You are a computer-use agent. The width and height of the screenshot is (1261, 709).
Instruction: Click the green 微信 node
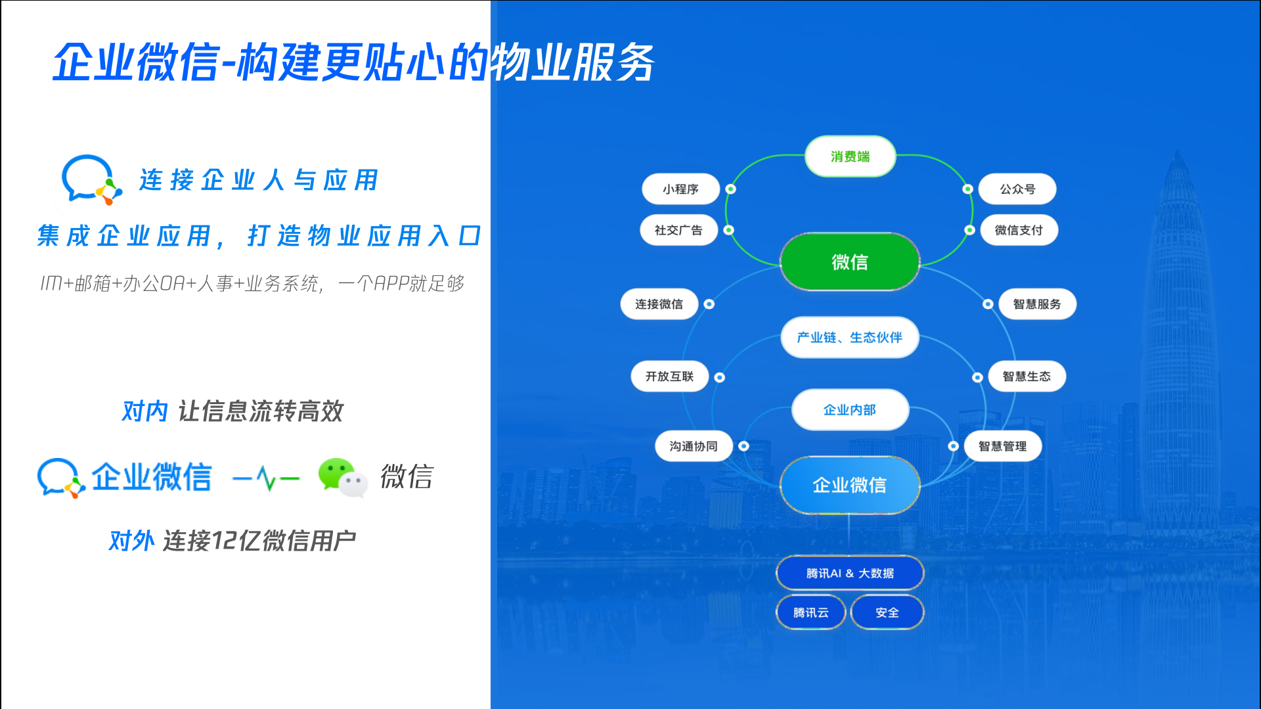pos(850,262)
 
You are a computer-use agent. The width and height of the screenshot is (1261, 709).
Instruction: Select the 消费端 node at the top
pos(850,156)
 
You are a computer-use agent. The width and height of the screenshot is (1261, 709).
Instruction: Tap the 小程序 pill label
pos(680,189)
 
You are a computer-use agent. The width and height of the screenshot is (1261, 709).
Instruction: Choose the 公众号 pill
pos(1017,189)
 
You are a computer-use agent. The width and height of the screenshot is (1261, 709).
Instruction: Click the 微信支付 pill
pos(1019,230)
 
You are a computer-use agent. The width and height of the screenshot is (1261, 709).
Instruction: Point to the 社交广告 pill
pos(678,230)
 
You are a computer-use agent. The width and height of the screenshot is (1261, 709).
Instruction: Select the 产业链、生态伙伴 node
pos(850,338)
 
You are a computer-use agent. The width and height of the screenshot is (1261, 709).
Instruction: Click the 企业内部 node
pos(850,410)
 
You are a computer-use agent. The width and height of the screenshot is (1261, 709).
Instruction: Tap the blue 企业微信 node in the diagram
pos(850,485)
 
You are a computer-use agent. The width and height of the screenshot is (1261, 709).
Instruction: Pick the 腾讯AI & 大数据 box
pos(850,573)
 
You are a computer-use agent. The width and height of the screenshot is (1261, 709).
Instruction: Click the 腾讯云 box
pos(810,612)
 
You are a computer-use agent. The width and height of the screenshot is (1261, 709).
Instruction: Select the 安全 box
pos(887,612)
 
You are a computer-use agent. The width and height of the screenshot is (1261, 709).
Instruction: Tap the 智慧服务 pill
pos(1037,304)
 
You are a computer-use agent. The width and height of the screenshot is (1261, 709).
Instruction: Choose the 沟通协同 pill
pos(694,446)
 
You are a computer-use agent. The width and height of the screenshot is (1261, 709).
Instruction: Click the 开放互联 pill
pos(669,377)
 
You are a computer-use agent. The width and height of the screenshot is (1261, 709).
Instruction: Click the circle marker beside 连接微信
pos(709,304)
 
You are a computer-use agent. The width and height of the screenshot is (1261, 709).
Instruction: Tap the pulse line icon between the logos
pos(266,478)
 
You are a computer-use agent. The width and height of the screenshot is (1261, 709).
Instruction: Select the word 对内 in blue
pos(145,411)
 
